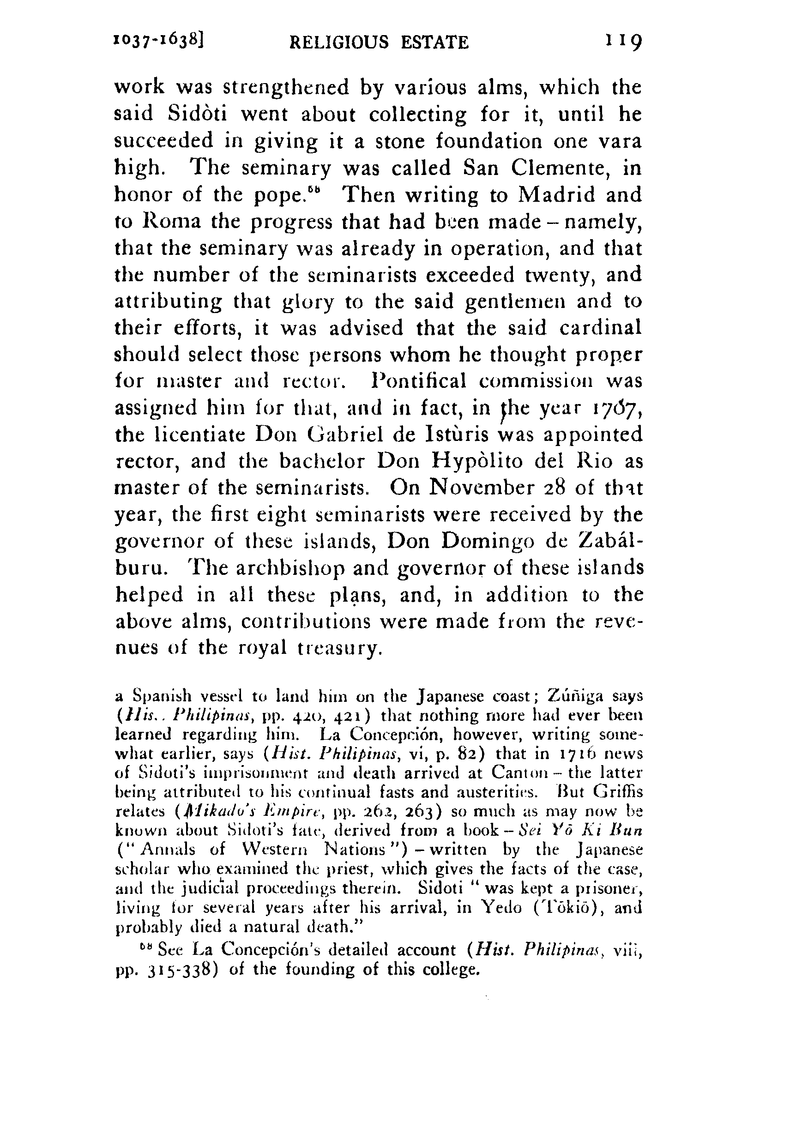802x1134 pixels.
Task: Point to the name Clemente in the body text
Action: (x=560, y=169)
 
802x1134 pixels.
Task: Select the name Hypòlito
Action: (x=477, y=461)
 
